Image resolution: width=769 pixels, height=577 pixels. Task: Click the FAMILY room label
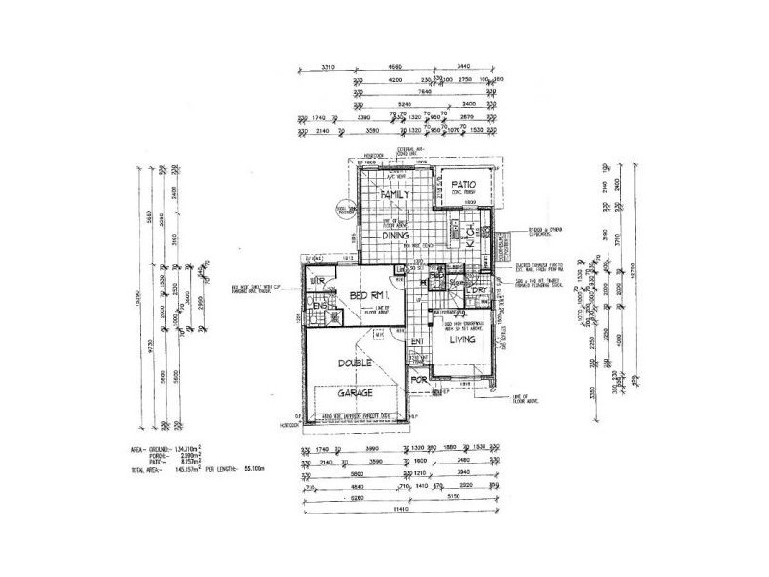[396, 195]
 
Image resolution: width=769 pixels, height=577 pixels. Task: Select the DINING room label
[396, 234]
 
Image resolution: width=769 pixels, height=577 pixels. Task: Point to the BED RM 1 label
[369, 294]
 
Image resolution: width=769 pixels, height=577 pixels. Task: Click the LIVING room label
[463, 339]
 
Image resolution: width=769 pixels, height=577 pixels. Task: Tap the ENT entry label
[417, 341]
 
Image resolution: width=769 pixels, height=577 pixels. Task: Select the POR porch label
[418, 378]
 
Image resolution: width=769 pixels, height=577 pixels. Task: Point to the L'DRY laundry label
[481, 289]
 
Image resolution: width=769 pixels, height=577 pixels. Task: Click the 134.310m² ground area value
[190, 449]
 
